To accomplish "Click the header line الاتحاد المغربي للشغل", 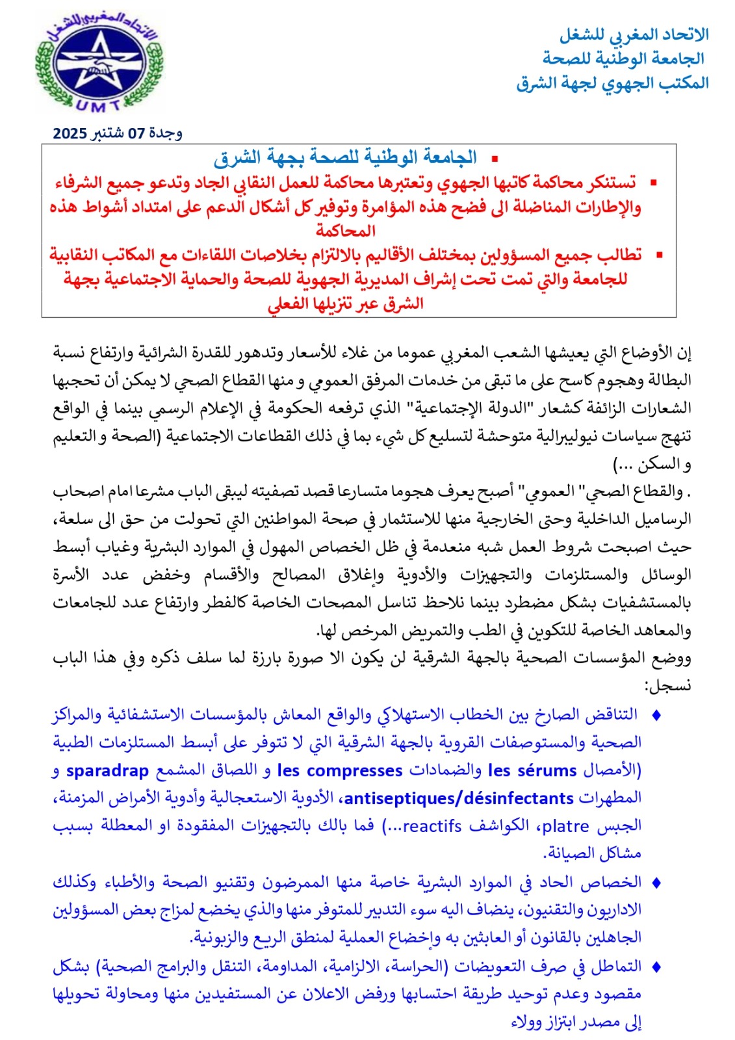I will pos(634,34).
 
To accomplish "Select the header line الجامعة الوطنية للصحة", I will pos(624,58).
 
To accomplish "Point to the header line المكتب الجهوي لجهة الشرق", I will pos(612,83).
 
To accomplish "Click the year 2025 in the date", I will pos(70,134).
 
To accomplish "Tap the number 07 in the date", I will pos(136,134).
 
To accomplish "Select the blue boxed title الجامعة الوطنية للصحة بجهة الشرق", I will pos(345,157).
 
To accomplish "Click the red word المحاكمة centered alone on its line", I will pos(346,231).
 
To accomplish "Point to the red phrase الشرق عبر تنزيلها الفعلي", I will pos(346,304).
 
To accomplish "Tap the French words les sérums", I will pos(532,771).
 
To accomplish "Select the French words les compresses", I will pos(340,771).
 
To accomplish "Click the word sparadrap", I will pos(108,771).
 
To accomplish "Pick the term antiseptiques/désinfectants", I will pos(459,798).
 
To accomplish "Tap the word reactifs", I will pos(432,826).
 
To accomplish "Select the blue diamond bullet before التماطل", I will pos(656,967).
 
